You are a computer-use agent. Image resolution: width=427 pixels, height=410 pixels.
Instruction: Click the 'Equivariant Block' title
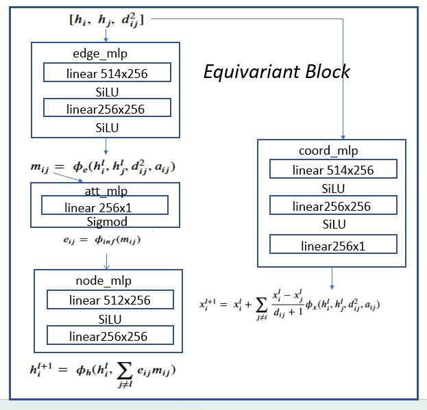click(276, 72)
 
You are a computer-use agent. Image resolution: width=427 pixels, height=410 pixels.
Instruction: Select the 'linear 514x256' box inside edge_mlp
click(106, 73)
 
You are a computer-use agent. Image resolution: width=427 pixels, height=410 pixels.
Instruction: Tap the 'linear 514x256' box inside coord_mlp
click(332, 170)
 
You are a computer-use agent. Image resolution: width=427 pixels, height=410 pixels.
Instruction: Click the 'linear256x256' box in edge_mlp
click(106, 108)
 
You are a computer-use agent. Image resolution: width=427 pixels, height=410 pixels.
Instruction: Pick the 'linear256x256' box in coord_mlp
click(332, 206)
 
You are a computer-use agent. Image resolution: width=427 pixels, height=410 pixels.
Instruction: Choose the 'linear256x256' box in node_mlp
click(109, 335)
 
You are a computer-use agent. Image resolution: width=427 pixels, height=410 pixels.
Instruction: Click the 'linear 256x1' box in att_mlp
click(104, 207)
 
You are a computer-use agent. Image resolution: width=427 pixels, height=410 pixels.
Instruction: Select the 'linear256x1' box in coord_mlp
click(332, 245)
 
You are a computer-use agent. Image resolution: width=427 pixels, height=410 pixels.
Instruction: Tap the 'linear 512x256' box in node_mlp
click(109, 300)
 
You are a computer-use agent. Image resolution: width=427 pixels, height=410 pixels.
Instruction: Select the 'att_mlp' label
click(105, 191)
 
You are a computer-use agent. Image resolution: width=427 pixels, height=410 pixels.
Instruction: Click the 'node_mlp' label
click(108, 281)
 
